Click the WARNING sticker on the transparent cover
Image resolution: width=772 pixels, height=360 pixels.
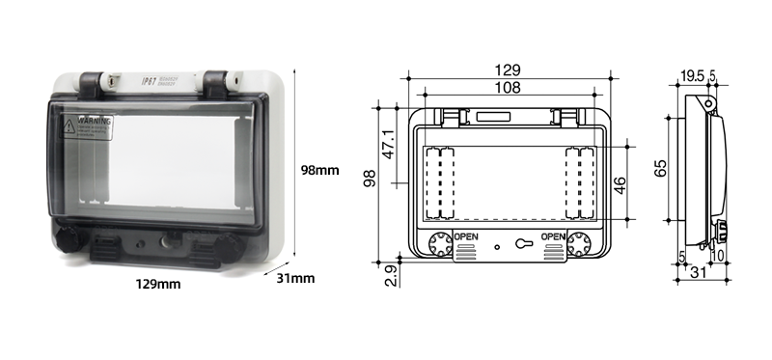(x=88, y=129)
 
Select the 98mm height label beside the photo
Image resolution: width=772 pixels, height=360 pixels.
(x=319, y=170)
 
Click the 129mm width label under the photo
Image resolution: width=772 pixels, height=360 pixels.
(x=158, y=284)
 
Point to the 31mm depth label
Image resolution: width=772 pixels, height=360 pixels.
(x=296, y=279)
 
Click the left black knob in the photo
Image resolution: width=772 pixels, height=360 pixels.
(x=68, y=237)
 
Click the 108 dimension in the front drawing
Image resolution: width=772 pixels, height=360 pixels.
(x=508, y=88)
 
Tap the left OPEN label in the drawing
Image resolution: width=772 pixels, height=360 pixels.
(x=467, y=237)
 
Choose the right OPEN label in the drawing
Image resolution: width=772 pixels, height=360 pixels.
(x=554, y=237)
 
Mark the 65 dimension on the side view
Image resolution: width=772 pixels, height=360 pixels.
(x=661, y=169)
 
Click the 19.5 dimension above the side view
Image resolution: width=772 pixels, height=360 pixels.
(x=690, y=74)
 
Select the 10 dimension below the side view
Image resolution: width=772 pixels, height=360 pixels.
(x=719, y=256)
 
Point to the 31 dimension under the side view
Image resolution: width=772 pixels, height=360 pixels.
(x=700, y=275)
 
